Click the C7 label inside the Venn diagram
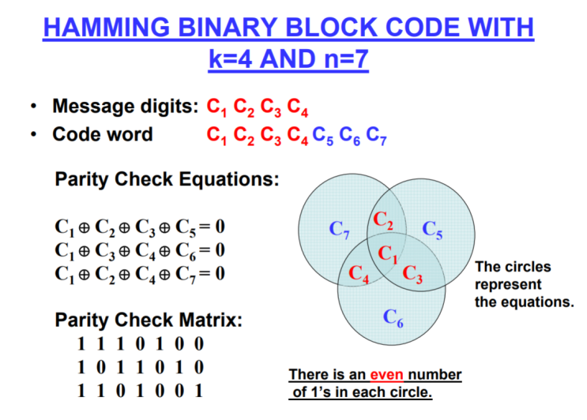click(x=339, y=231)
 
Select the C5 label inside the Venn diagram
click(x=432, y=230)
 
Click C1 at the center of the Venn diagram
click(x=387, y=254)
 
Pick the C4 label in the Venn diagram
click(x=359, y=276)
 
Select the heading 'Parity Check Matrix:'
click(x=149, y=321)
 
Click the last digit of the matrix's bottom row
click(x=199, y=390)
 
